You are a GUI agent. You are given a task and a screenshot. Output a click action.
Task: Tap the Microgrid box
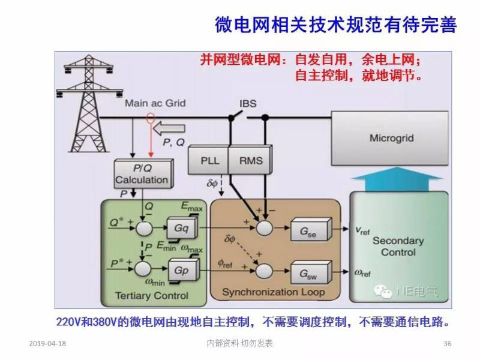(x=391, y=139)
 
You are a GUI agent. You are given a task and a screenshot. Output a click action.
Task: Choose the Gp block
(x=181, y=270)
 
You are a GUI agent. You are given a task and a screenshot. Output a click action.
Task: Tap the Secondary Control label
(x=398, y=246)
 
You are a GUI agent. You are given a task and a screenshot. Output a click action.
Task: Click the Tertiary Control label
(x=151, y=295)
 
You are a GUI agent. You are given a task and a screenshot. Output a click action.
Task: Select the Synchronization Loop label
(x=273, y=292)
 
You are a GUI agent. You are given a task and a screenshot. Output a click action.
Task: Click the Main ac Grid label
(x=155, y=103)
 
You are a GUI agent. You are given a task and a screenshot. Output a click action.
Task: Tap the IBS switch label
(x=248, y=103)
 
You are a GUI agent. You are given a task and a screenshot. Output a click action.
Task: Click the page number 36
(x=446, y=344)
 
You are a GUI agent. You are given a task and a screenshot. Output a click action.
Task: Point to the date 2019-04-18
(x=47, y=344)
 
